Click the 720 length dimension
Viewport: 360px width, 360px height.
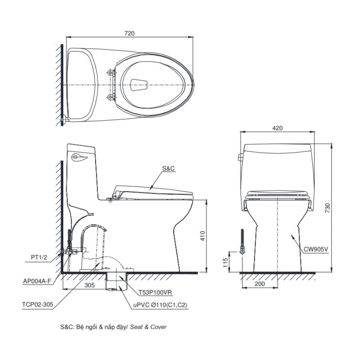click(130, 33)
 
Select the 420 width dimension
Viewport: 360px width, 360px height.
click(277, 128)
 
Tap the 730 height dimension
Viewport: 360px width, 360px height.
click(328, 208)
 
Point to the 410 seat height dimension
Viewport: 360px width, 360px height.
click(202, 236)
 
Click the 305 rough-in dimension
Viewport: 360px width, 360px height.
click(90, 285)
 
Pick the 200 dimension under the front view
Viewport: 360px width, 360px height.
click(260, 284)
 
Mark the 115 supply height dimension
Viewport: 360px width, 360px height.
click(226, 263)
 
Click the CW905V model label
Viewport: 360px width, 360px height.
click(316, 249)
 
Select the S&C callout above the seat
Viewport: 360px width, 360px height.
click(168, 168)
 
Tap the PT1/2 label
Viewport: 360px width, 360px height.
click(39, 257)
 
